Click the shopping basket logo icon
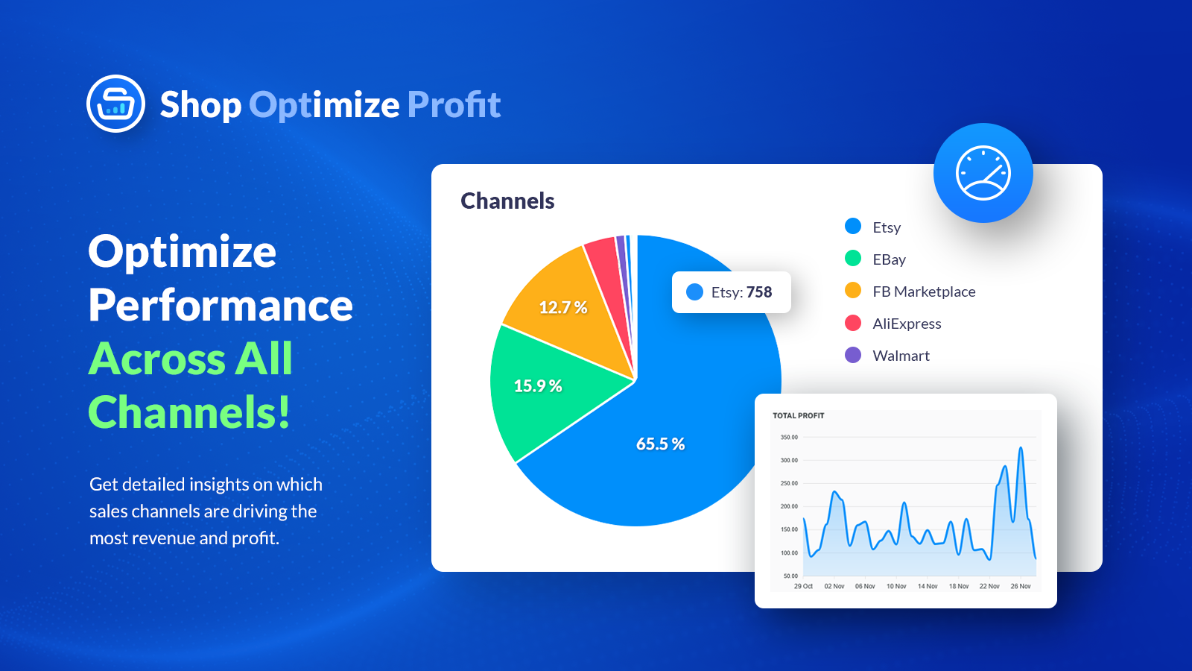pos(115,104)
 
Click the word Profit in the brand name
pos(454,104)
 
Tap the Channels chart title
pos(507,201)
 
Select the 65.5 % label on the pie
pos(660,444)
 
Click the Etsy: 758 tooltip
pos(731,292)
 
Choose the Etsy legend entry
pos(886,227)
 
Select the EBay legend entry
pos(888,259)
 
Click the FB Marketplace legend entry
pos(923,292)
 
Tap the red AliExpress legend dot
pos(853,323)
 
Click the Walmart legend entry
pos(900,356)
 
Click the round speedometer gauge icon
pos(983,173)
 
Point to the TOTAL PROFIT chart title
pos(798,415)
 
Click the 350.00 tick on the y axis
pos(789,437)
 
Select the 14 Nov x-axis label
pos(928,586)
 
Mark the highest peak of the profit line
pos(1021,448)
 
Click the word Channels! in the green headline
pos(189,412)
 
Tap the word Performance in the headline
pos(221,305)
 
